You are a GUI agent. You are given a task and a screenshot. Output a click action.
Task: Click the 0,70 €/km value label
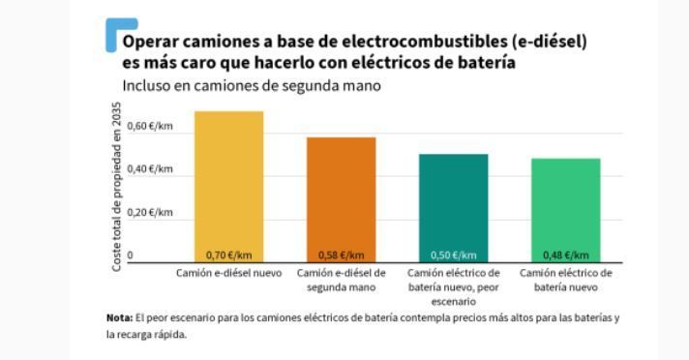[228, 255]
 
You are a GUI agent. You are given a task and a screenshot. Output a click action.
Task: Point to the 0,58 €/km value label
[341, 255]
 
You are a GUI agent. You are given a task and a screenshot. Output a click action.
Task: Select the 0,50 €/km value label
[453, 255]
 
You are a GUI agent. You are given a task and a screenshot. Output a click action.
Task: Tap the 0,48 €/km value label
[565, 255]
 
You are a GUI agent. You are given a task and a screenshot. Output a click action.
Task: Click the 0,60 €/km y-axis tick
[150, 127]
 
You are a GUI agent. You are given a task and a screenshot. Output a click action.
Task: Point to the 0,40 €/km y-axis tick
[150, 169]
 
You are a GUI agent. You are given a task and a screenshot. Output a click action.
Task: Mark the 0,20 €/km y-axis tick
[150, 212]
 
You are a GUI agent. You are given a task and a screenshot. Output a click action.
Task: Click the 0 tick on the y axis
[131, 255]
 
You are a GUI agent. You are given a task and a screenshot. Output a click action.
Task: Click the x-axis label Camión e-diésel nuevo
[228, 273]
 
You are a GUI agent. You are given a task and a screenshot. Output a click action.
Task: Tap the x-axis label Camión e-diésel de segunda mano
[341, 280]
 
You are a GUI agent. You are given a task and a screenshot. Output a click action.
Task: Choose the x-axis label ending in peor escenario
[453, 286]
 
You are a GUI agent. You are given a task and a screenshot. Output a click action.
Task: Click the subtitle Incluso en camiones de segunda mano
[251, 85]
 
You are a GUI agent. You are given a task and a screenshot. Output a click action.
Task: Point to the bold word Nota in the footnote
[119, 317]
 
